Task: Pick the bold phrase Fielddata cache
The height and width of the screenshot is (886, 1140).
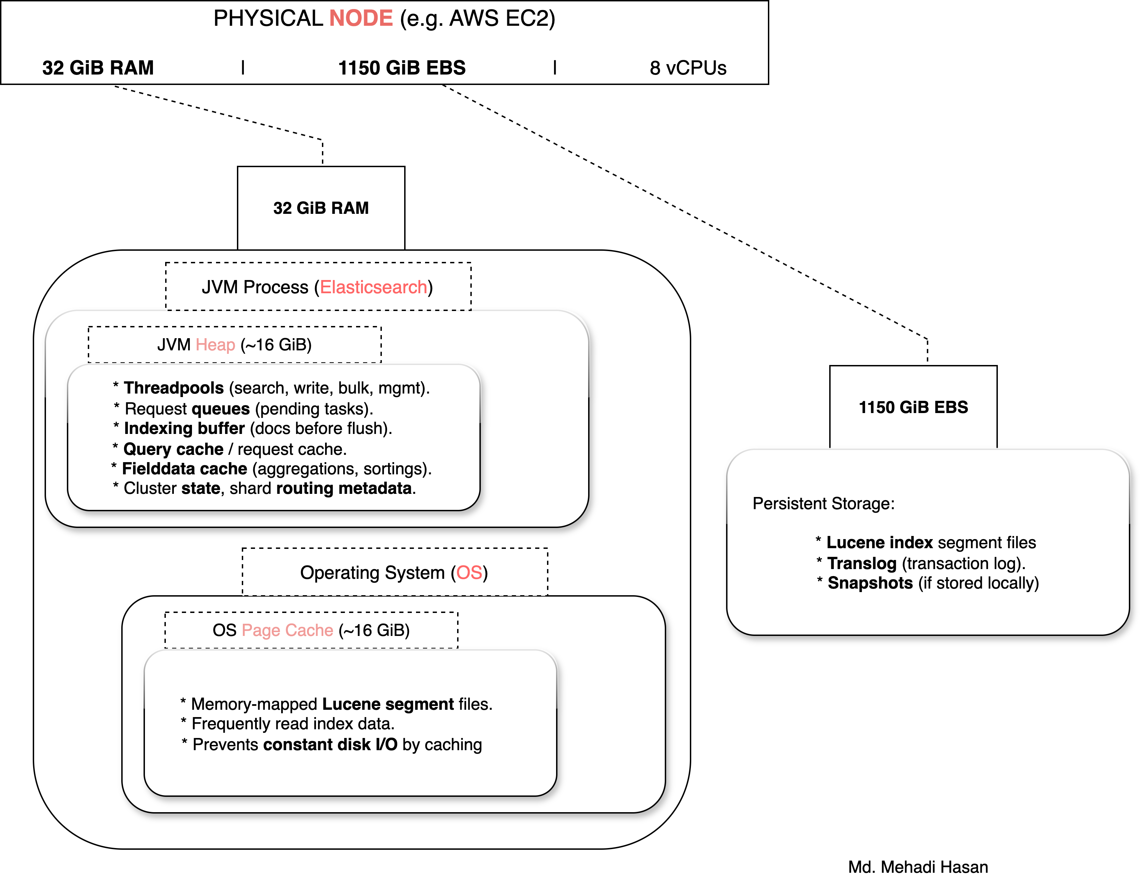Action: [x=184, y=468]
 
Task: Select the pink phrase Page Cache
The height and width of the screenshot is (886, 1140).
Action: [x=287, y=630]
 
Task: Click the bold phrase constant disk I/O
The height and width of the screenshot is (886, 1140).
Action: [x=330, y=745]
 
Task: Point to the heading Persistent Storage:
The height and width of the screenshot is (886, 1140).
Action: [x=823, y=504]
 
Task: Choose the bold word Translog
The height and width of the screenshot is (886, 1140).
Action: [x=861, y=564]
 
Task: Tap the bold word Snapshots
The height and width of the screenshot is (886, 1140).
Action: [x=870, y=583]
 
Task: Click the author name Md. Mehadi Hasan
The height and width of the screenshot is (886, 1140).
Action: [x=918, y=867]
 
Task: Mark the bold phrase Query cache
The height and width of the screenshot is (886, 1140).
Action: [x=173, y=449]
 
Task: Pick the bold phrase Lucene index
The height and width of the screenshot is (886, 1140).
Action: [x=879, y=543]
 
